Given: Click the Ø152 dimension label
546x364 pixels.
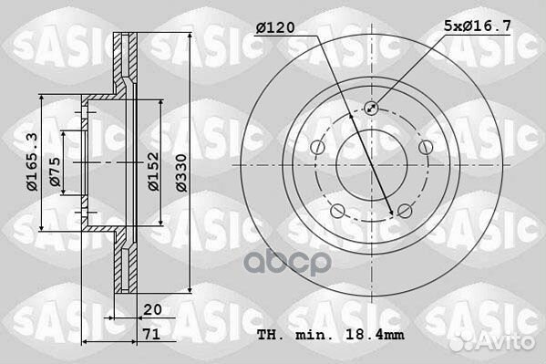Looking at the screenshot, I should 155,170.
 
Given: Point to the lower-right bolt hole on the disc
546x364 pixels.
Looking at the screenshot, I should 402,212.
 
